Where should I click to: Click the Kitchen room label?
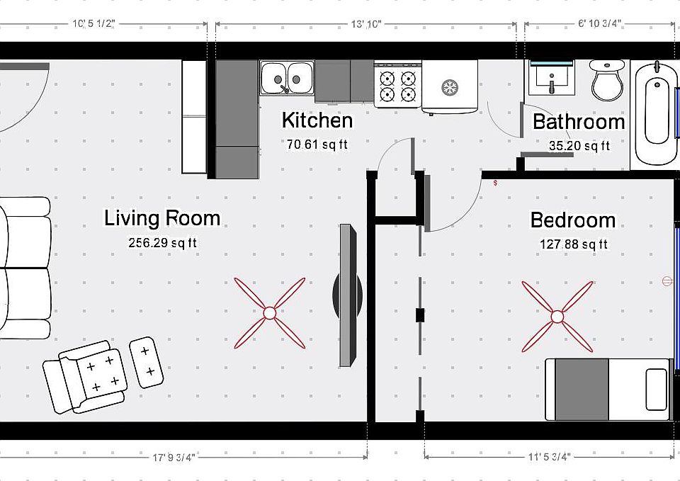317,120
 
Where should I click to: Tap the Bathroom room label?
579,122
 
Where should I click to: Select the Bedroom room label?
572,220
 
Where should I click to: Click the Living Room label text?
162,218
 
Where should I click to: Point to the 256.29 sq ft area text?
162,242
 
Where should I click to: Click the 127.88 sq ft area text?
573,244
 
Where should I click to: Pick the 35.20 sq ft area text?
579,146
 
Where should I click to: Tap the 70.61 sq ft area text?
317,145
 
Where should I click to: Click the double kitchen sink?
287,77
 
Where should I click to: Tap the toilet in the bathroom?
608,79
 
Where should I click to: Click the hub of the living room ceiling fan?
270,312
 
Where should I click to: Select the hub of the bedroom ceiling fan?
557,316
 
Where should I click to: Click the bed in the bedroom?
608,389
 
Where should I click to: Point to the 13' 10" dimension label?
365,24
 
